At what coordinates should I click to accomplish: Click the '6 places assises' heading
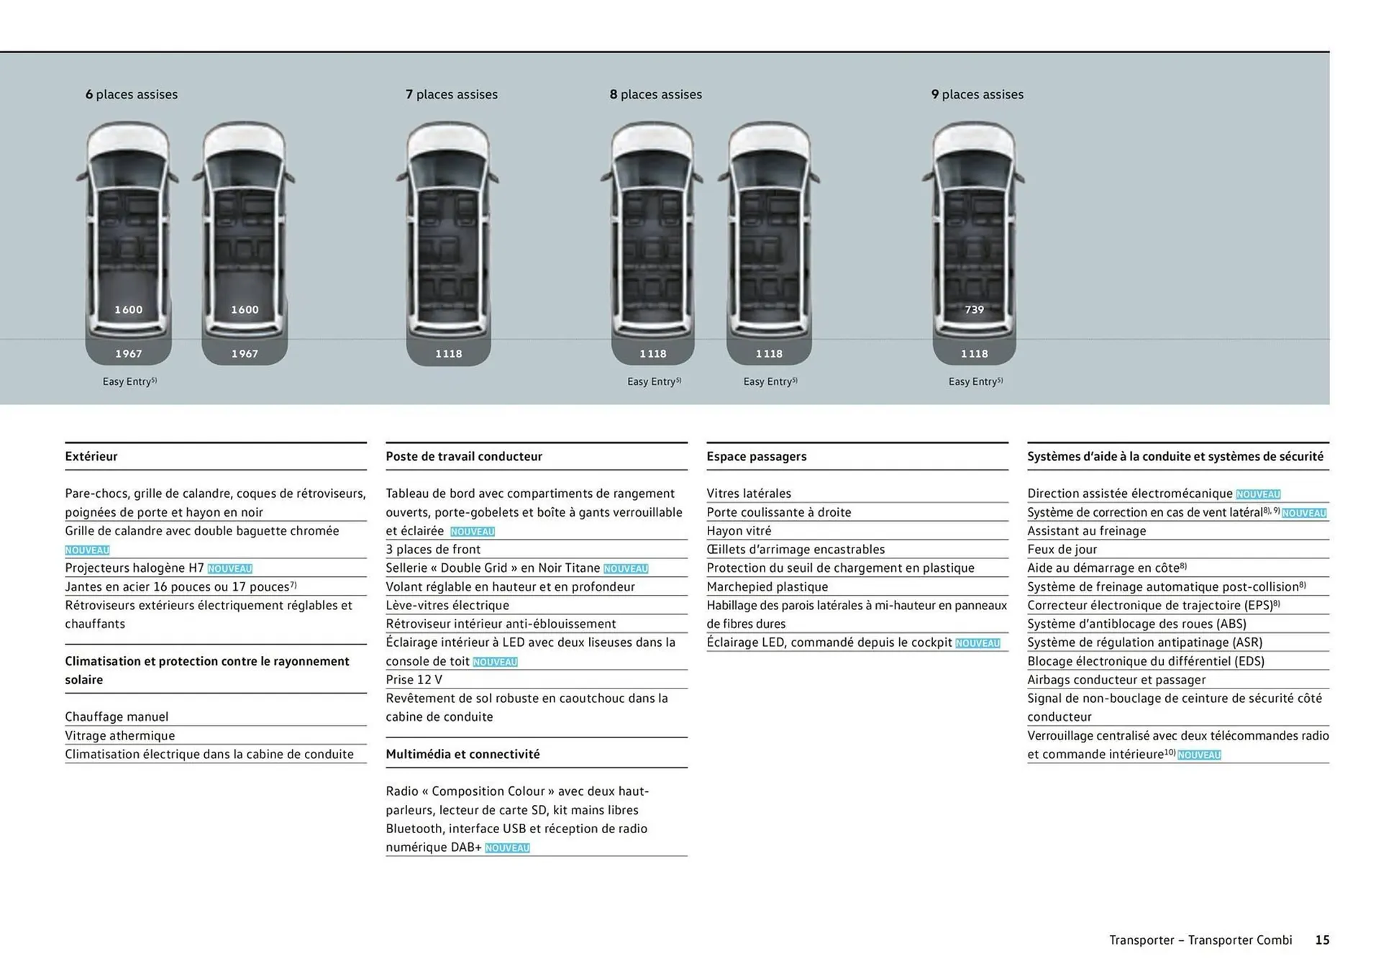tap(132, 94)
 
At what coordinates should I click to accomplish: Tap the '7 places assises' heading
tap(452, 94)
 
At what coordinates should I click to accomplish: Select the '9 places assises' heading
tap(977, 94)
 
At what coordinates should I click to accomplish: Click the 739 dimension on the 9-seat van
tap(975, 309)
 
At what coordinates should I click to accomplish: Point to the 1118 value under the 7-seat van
tap(449, 353)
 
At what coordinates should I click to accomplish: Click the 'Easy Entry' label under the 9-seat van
tap(975, 381)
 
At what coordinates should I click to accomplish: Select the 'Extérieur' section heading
tap(91, 456)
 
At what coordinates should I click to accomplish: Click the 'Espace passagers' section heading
tap(757, 456)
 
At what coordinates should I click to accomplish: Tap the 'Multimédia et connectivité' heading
tap(462, 754)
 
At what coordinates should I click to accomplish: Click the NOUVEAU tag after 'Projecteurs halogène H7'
tap(230, 569)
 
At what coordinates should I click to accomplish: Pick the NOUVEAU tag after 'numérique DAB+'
tap(507, 848)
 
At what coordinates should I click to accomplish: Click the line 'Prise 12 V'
tap(414, 679)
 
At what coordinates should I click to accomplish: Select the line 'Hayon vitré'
tap(739, 530)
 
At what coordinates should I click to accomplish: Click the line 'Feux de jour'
tap(1062, 549)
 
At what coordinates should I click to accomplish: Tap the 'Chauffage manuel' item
tap(117, 717)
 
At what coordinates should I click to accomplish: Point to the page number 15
tap(1322, 940)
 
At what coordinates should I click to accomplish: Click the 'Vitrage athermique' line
tap(120, 735)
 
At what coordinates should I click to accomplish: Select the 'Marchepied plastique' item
tap(767, 586)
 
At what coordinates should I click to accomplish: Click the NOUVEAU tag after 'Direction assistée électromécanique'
tap(1258, 494)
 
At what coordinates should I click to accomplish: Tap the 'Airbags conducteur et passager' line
tap(1116, 679)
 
